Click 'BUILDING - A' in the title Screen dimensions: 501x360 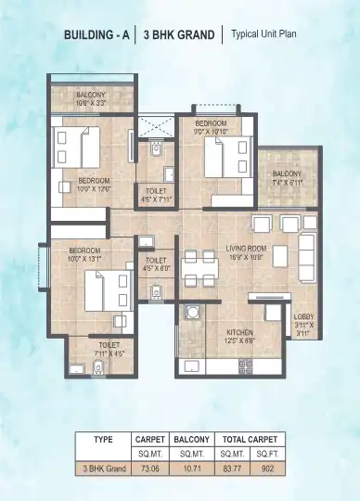[x=96, y=35]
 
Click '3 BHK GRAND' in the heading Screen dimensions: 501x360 [x=179, y=35]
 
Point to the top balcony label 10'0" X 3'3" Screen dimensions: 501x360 [x=92, y=98]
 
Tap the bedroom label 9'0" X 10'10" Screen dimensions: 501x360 [x=210, y=126]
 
